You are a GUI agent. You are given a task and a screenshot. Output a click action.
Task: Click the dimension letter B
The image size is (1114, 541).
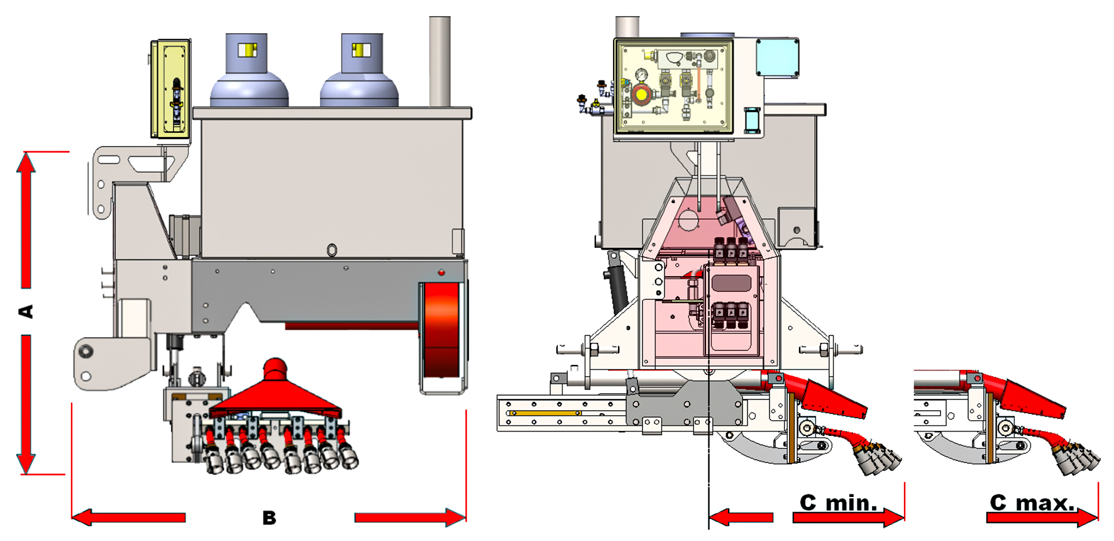tap(269, 518)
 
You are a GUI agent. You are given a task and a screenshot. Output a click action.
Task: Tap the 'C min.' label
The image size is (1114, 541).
tap(839, 503)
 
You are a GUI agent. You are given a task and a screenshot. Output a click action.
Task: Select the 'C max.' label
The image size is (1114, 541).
tap(1032, 503)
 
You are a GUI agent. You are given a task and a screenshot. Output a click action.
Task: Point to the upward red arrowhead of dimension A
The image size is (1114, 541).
tap(26, 165)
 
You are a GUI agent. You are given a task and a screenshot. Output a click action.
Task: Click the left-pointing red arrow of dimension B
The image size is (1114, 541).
tap(129, 518)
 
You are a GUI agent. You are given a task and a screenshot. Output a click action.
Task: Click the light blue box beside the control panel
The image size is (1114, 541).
tap(778, 58)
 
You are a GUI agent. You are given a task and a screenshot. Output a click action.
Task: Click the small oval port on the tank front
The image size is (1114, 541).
tap(332, 250)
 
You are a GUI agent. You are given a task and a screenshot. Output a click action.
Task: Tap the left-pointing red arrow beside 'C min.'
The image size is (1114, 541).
tap(741, 518)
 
